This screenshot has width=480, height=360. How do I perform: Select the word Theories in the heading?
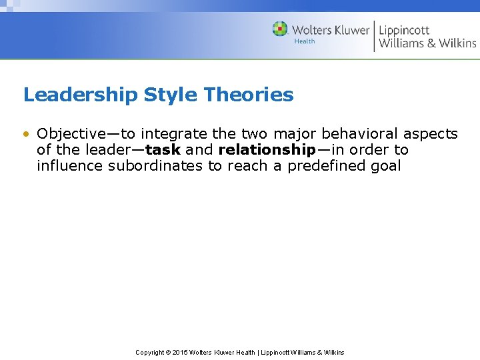[249, 95]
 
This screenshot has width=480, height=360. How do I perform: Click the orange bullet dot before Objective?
[26, 135]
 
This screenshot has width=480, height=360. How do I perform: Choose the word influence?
[69, 166]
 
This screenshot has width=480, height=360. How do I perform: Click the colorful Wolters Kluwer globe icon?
[280, 29]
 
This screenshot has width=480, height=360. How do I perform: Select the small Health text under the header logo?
[305, 41]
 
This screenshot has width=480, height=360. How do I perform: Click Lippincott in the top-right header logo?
[404, 30]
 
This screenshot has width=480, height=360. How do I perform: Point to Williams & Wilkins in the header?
[427, 44]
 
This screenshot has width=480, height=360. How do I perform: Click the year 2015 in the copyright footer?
[180, 352]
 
